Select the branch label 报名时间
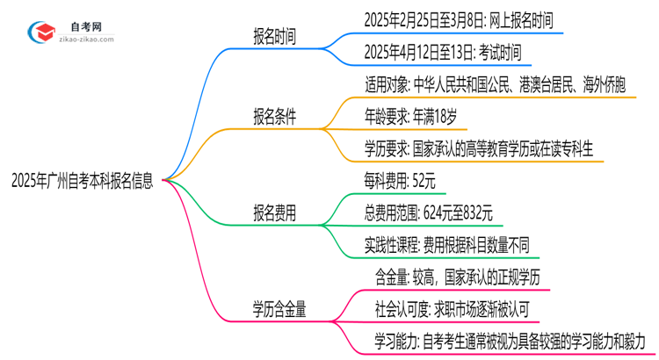[x=274, y=38]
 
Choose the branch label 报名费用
[x=274, y=212]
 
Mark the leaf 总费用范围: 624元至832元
[x=428, y=212]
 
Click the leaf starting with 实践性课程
[x=446, y=243]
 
